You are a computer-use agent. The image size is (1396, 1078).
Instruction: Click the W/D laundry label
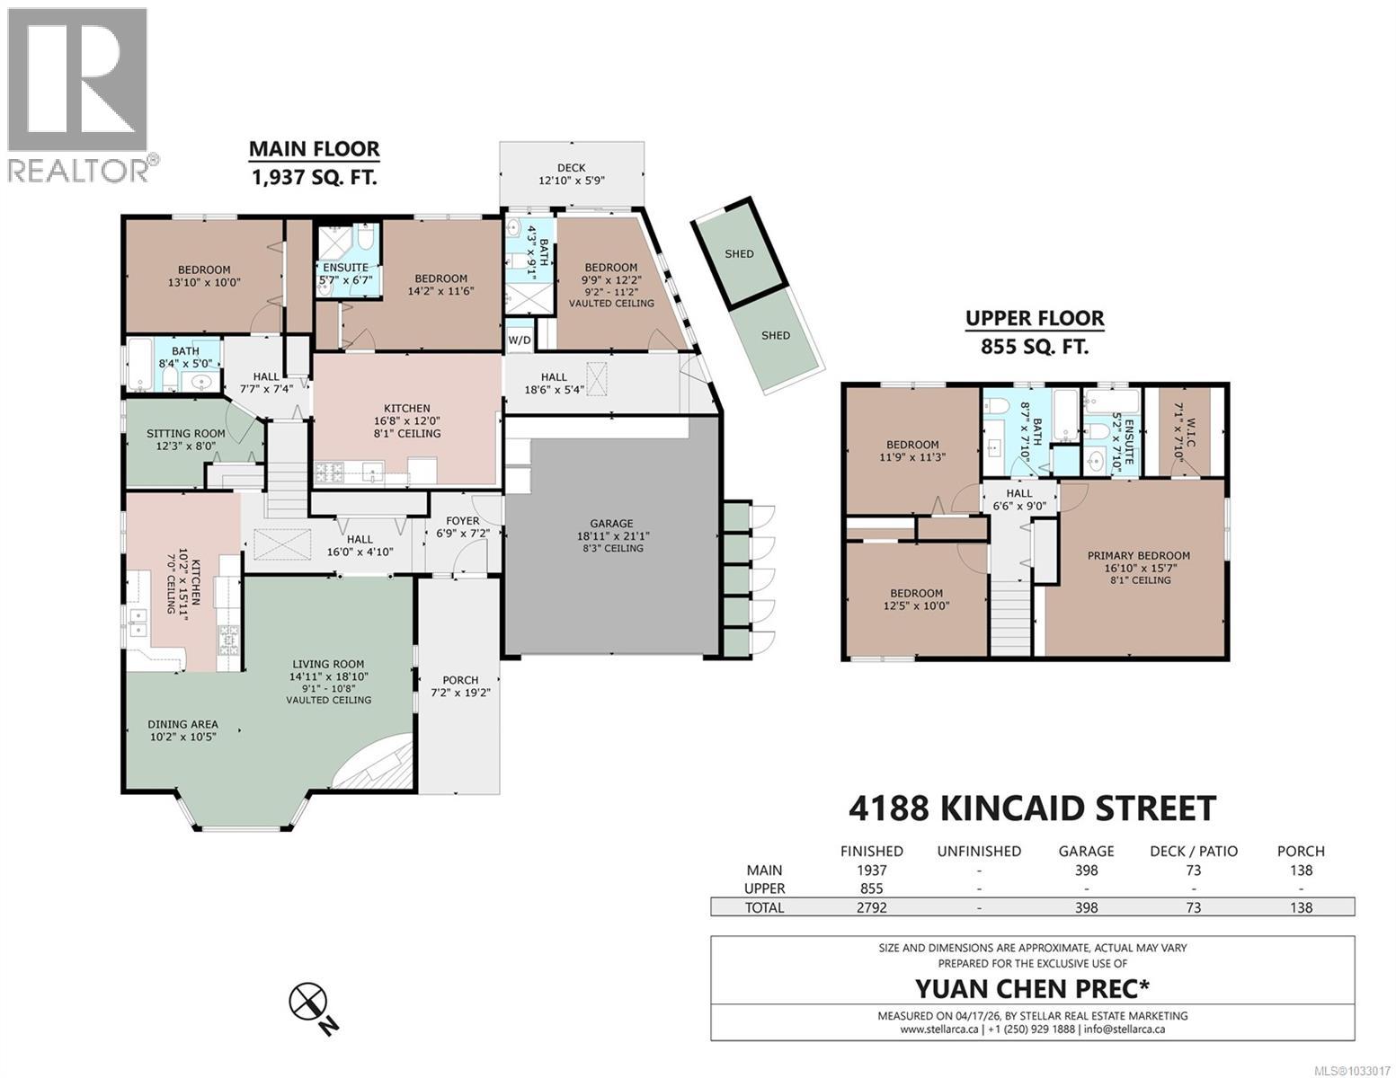(x=519, y=340)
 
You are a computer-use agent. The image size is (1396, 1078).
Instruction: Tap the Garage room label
(x=611, y=524)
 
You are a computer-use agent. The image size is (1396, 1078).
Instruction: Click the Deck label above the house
(x=571, y=167)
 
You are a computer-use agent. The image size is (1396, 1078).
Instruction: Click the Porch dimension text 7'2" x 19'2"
(x=460, y=693)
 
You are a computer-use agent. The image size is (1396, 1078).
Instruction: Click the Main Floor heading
(x=314, y=149)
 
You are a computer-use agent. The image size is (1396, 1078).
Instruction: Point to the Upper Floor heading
(x=1034, y=318)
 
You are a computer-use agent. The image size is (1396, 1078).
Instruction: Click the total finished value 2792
(x=871, y=907)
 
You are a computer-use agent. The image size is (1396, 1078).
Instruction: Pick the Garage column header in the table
(x=1086, y=851)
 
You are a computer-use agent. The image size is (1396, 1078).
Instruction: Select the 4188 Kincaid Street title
(x=1032, y=808)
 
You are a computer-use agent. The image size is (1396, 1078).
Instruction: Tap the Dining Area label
(x=183, y=725)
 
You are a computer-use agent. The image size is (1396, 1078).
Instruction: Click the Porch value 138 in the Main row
(x=1300, y=870)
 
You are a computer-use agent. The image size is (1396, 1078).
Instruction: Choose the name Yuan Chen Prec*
(x=1032, y=988)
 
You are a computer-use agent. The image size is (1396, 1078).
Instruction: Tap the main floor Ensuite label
(x=345, y=268)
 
